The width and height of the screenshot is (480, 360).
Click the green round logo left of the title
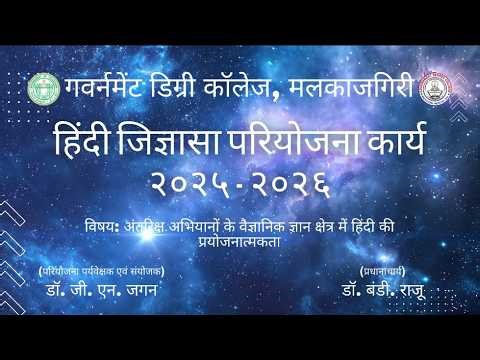pos(42,88)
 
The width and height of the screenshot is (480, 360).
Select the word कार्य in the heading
pos(391,143)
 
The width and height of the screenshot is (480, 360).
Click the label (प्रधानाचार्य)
pos(389,272)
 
